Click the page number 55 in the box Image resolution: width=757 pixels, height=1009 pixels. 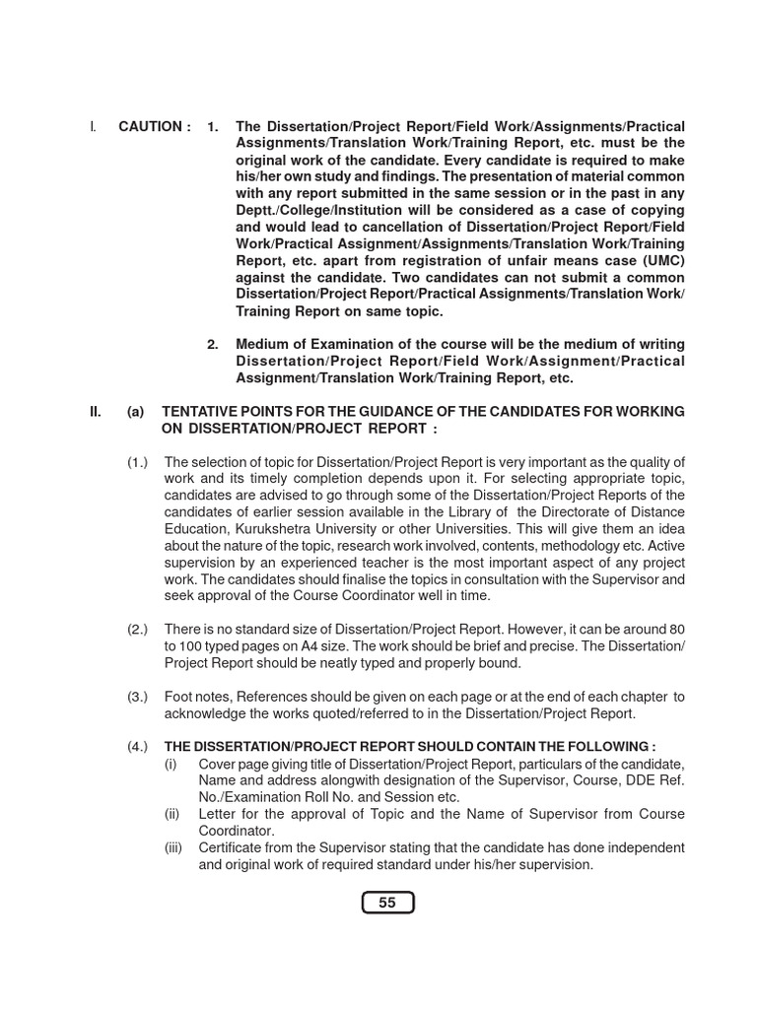coord(387,903)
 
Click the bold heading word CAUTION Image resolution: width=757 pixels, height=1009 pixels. coord(150,127)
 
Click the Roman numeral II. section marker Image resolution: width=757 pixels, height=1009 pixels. coord(97,411)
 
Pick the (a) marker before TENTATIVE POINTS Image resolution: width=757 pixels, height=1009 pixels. coord(135,411)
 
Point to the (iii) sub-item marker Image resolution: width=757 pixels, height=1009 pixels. coord(172,847)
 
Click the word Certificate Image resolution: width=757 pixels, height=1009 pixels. coord(233,847)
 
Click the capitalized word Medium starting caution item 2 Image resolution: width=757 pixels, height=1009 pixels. coord(260,344)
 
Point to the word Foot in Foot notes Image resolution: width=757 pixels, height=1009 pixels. coord(179,697)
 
